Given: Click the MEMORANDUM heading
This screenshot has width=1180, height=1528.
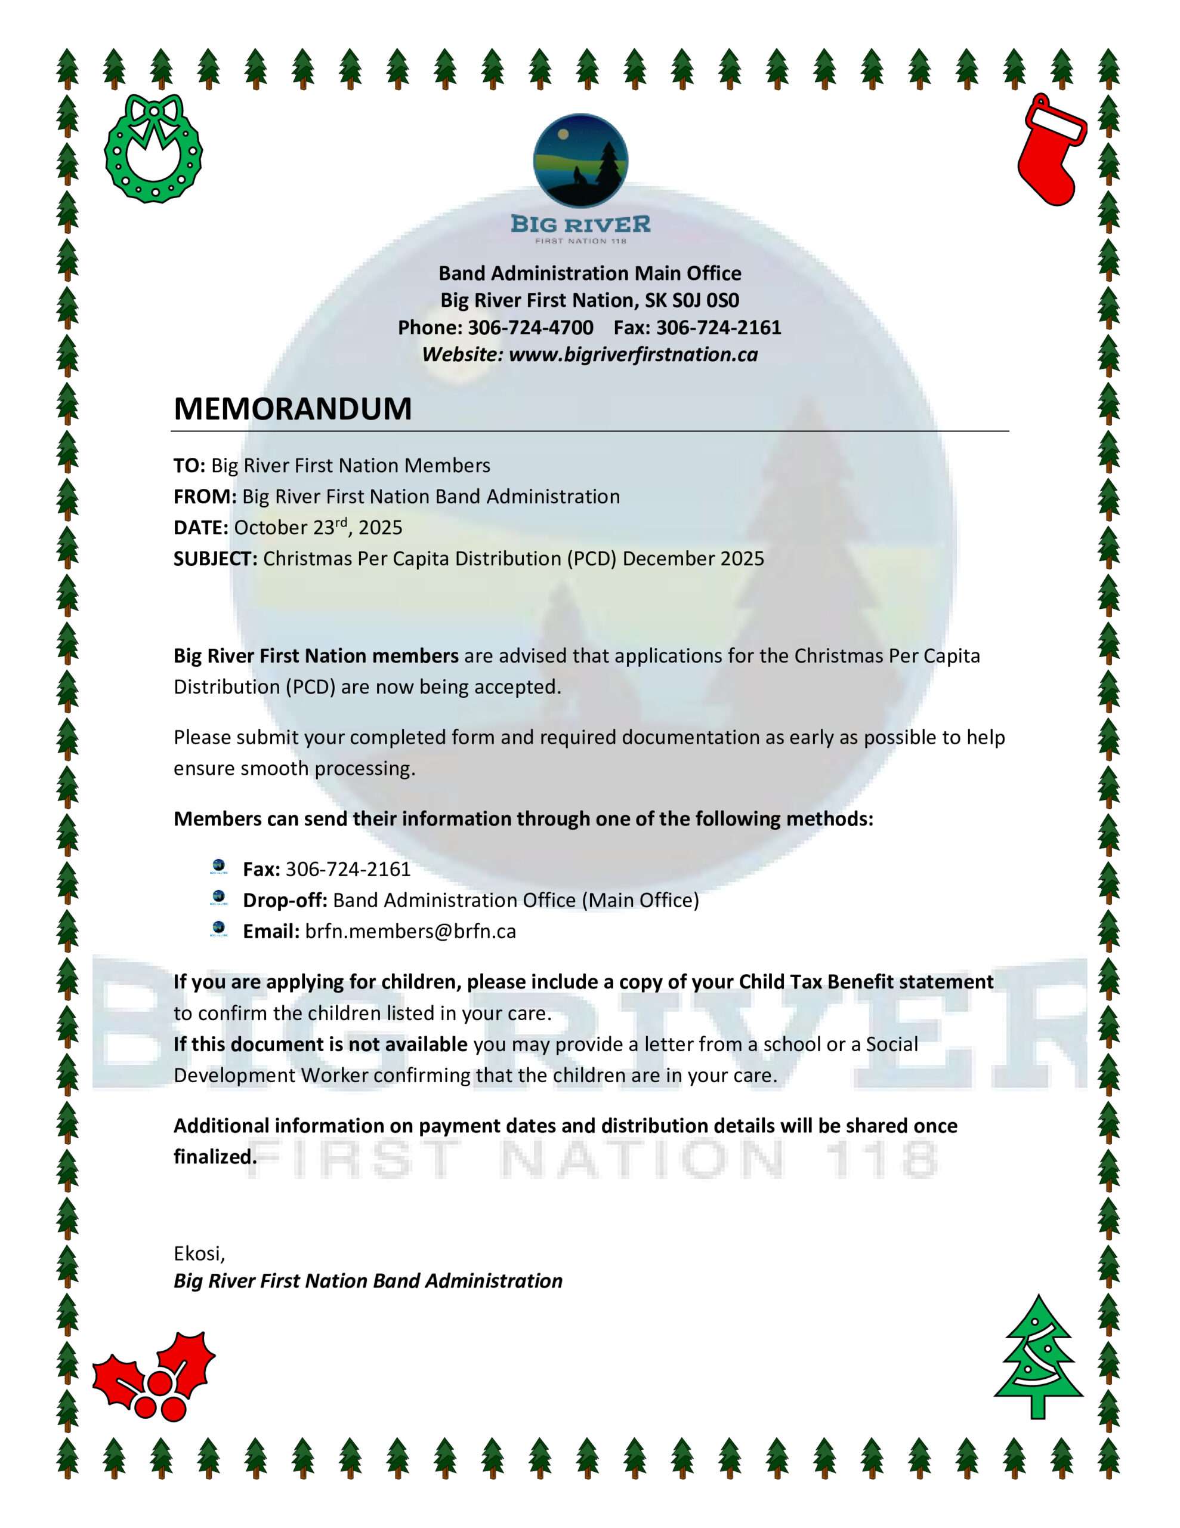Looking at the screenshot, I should point(292,409).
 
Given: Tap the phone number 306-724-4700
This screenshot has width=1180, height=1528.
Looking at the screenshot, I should point(530,328).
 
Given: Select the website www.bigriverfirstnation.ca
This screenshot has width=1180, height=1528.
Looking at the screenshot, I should point(633,355).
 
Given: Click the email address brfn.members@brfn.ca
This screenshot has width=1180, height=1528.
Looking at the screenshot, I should point(410,931).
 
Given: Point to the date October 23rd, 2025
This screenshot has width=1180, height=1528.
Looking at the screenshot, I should point(317,528).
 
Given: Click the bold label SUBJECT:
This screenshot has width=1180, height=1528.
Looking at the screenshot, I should point(215,558).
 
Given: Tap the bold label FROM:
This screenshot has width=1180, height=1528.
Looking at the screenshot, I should point(205,497).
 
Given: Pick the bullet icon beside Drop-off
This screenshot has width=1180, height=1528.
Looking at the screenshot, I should point(218,898).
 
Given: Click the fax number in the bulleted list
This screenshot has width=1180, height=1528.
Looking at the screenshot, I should point(348,869).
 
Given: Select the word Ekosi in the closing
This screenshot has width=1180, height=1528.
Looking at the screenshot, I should point(198,1253).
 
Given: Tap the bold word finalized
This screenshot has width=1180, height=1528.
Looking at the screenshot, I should point(214,1157).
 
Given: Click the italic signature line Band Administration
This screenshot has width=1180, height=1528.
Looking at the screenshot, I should point(368,1281).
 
